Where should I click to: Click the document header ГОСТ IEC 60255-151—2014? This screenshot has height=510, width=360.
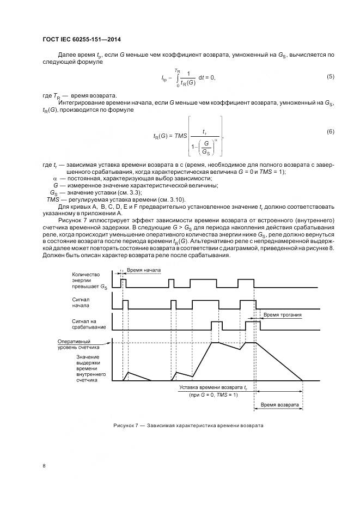(81, 39)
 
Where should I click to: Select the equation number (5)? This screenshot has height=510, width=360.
(330, 76)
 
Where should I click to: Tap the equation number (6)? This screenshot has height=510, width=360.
(330, 132)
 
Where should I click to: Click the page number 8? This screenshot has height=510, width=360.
(44, 466)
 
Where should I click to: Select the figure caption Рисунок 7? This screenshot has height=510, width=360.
(188, 425)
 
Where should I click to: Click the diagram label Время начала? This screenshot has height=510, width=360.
(144, 270)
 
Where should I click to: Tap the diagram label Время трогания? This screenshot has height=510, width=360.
(282, 315)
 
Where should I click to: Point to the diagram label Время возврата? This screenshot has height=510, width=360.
(279, 405)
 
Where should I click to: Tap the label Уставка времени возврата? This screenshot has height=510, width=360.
(213, 387)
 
